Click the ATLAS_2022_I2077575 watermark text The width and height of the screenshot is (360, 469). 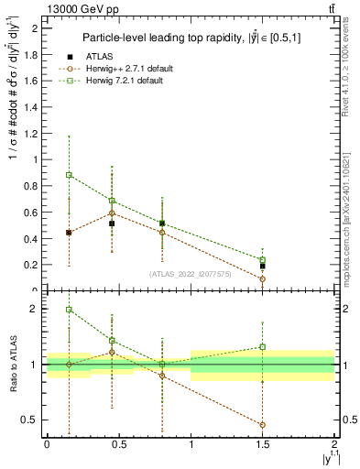(190, 274)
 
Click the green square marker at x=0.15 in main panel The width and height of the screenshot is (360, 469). (69, 174)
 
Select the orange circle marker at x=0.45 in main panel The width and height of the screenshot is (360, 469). (112, 213)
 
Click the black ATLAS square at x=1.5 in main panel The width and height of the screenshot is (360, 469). (263, 266)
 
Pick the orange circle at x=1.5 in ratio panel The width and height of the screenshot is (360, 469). (263, 425)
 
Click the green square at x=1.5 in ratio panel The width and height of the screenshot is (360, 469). (263, 347)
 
